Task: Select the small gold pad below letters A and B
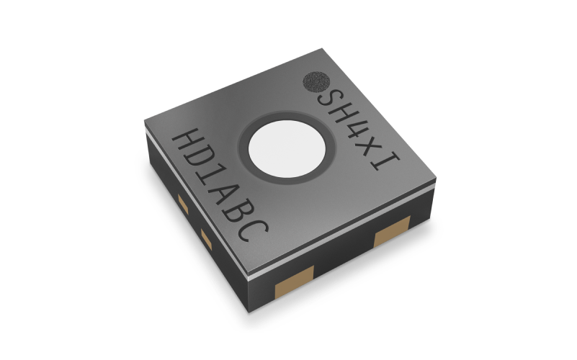(206, 238)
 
